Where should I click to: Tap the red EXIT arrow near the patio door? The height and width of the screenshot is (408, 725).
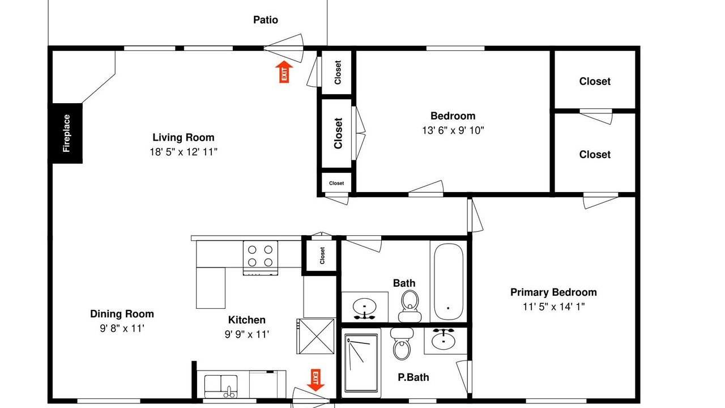coord(284,71)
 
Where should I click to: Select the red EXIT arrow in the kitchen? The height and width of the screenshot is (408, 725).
coord(315,380)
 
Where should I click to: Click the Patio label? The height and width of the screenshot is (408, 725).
coord(266,20)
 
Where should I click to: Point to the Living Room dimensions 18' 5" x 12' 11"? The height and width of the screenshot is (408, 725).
coord(184,151)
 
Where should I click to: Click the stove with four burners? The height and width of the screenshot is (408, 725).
coord(260,258)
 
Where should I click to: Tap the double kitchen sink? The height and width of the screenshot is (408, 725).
coord(221,386)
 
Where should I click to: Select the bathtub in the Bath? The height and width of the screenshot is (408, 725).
coord(448,282)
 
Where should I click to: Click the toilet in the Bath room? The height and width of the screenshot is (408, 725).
coord(410,307)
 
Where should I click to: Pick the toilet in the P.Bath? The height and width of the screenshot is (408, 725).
coord(402,344)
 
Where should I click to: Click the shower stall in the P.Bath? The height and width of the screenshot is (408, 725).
coord(361,363)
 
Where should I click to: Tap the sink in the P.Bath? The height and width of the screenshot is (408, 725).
coord(443,339)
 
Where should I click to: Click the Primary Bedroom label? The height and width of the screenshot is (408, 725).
coord(553,292)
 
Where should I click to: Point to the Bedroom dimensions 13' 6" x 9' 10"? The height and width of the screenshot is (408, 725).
coord(453,130)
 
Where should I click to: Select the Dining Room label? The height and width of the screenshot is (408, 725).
coord(122,314)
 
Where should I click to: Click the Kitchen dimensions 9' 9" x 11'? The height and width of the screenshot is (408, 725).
coord(247,334)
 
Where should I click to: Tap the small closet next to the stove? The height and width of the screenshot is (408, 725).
coord(321,256)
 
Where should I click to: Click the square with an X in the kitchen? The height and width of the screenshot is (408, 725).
coord(316,336)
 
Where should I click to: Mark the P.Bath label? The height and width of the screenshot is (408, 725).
coord(413,377)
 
